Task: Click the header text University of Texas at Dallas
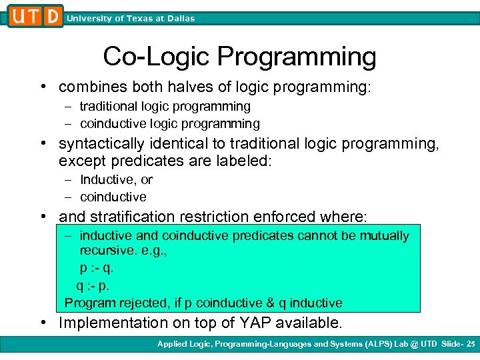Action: pyautogui.click(x=131, y=19)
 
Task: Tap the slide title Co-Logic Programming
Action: pyautogui.click(x=239, y=57)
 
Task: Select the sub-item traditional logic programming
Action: pyautogui.click(x=165, y=106)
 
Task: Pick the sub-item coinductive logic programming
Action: pyautogui.click(x=169, y=123)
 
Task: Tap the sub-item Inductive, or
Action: pyautogui.click(x=116, y=179)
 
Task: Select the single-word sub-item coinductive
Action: pyautogui.click(x=113, y=197)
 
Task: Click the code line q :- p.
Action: pyautogui.click(x=94, y=285)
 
